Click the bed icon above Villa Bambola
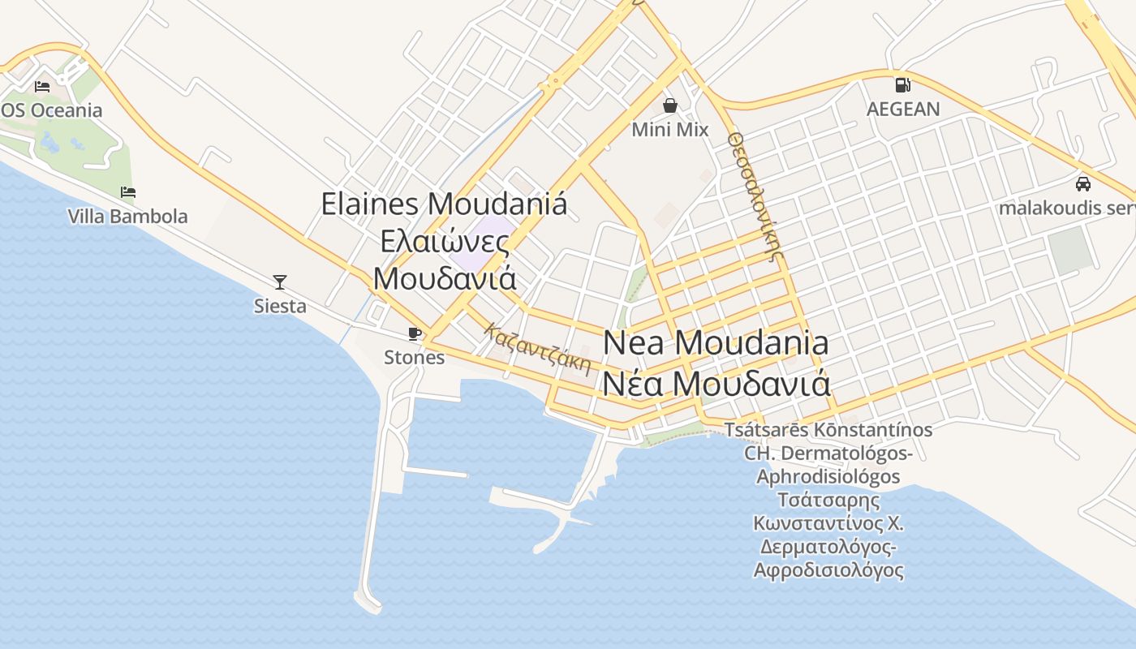click(x=128, y=192)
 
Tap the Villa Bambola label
click(x=128, y=217)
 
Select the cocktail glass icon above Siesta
click(x=280, y=282)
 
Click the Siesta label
click(x=280, y=306)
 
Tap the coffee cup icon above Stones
click(x=414, y=333)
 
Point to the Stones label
click(x=414, y=357)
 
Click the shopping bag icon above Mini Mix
click(x=670, y=105)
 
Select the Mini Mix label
click(x=670, y=130)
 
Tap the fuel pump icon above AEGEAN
click(x=902, y=85)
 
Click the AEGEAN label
click(x=903, y=109)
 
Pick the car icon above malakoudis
click(x=1082, y=184)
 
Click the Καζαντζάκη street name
click(x=538, y=348)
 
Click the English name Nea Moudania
click(x=716, y=343)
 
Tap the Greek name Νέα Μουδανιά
click(x=716, y=383)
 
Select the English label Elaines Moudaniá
click(x=444, y=204)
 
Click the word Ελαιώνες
click(x=445, y=242)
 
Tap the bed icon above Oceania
click(x=42, y=87)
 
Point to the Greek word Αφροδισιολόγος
click(x=828, y=570)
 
